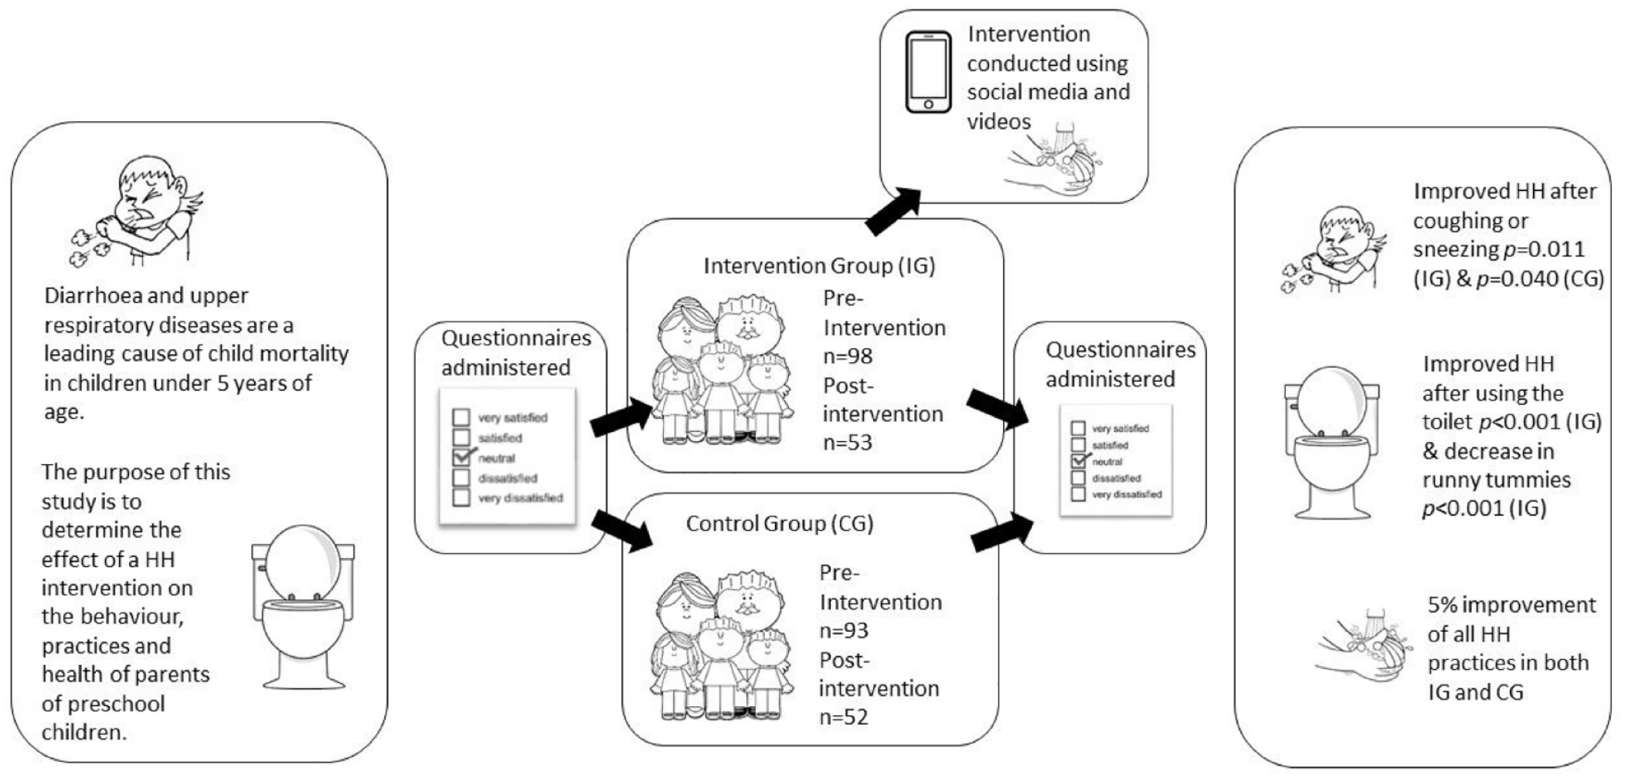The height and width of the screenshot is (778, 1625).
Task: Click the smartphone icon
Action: tap(928, 72)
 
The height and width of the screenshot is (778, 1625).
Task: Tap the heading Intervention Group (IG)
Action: tap(819, 266)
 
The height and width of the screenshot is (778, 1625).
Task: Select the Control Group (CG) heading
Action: tap(780, 524)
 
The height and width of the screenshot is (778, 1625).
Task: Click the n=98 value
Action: tap(848, 356)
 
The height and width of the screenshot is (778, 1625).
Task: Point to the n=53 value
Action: tap(848, 443)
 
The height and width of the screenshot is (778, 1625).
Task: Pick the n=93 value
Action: tap(845, 630)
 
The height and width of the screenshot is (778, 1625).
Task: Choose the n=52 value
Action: tap(845, 717)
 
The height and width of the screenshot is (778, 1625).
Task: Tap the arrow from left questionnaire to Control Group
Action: tap(623, 532)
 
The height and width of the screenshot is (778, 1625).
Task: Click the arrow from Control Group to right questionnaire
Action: tap(1002, 532)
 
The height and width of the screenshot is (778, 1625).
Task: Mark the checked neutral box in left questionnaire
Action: tap(462, 457)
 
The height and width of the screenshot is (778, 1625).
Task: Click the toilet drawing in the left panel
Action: tap(303, 606)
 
